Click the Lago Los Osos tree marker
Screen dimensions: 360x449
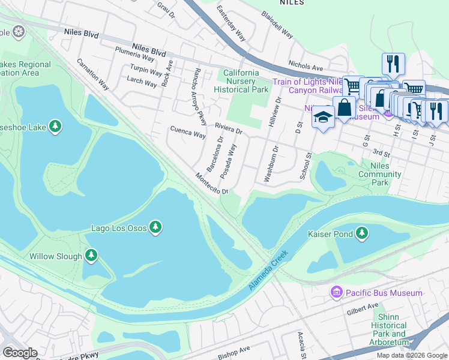155,227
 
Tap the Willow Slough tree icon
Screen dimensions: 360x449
91,256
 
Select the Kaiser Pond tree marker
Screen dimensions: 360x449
362,233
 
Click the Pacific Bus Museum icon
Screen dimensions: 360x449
336,292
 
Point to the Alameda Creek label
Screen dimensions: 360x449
268,271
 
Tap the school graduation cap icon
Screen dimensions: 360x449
322,117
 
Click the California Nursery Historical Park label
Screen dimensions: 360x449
241,81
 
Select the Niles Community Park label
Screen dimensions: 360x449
379,175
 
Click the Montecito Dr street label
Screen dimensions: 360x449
211,184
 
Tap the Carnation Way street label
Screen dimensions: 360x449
92,74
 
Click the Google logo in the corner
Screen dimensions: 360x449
20,353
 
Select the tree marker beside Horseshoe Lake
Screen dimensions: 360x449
55,126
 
